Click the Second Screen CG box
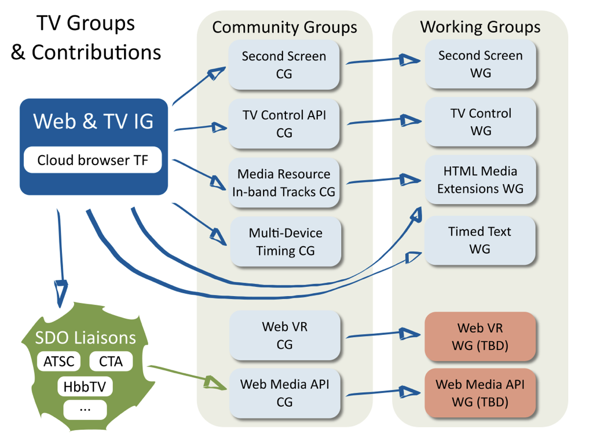284,64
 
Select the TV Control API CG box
284,123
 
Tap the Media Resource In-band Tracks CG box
284,183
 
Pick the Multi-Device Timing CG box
285,242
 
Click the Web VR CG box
284,335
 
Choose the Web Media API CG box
284,393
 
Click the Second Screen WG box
480,64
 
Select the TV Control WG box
481,122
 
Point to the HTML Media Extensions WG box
480,180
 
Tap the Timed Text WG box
479,240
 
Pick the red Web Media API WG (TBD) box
479,392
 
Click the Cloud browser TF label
93,161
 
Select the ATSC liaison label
59,362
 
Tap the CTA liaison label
111,362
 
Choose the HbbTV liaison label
85,386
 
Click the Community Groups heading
284,27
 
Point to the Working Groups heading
480,27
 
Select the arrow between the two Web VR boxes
382,334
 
